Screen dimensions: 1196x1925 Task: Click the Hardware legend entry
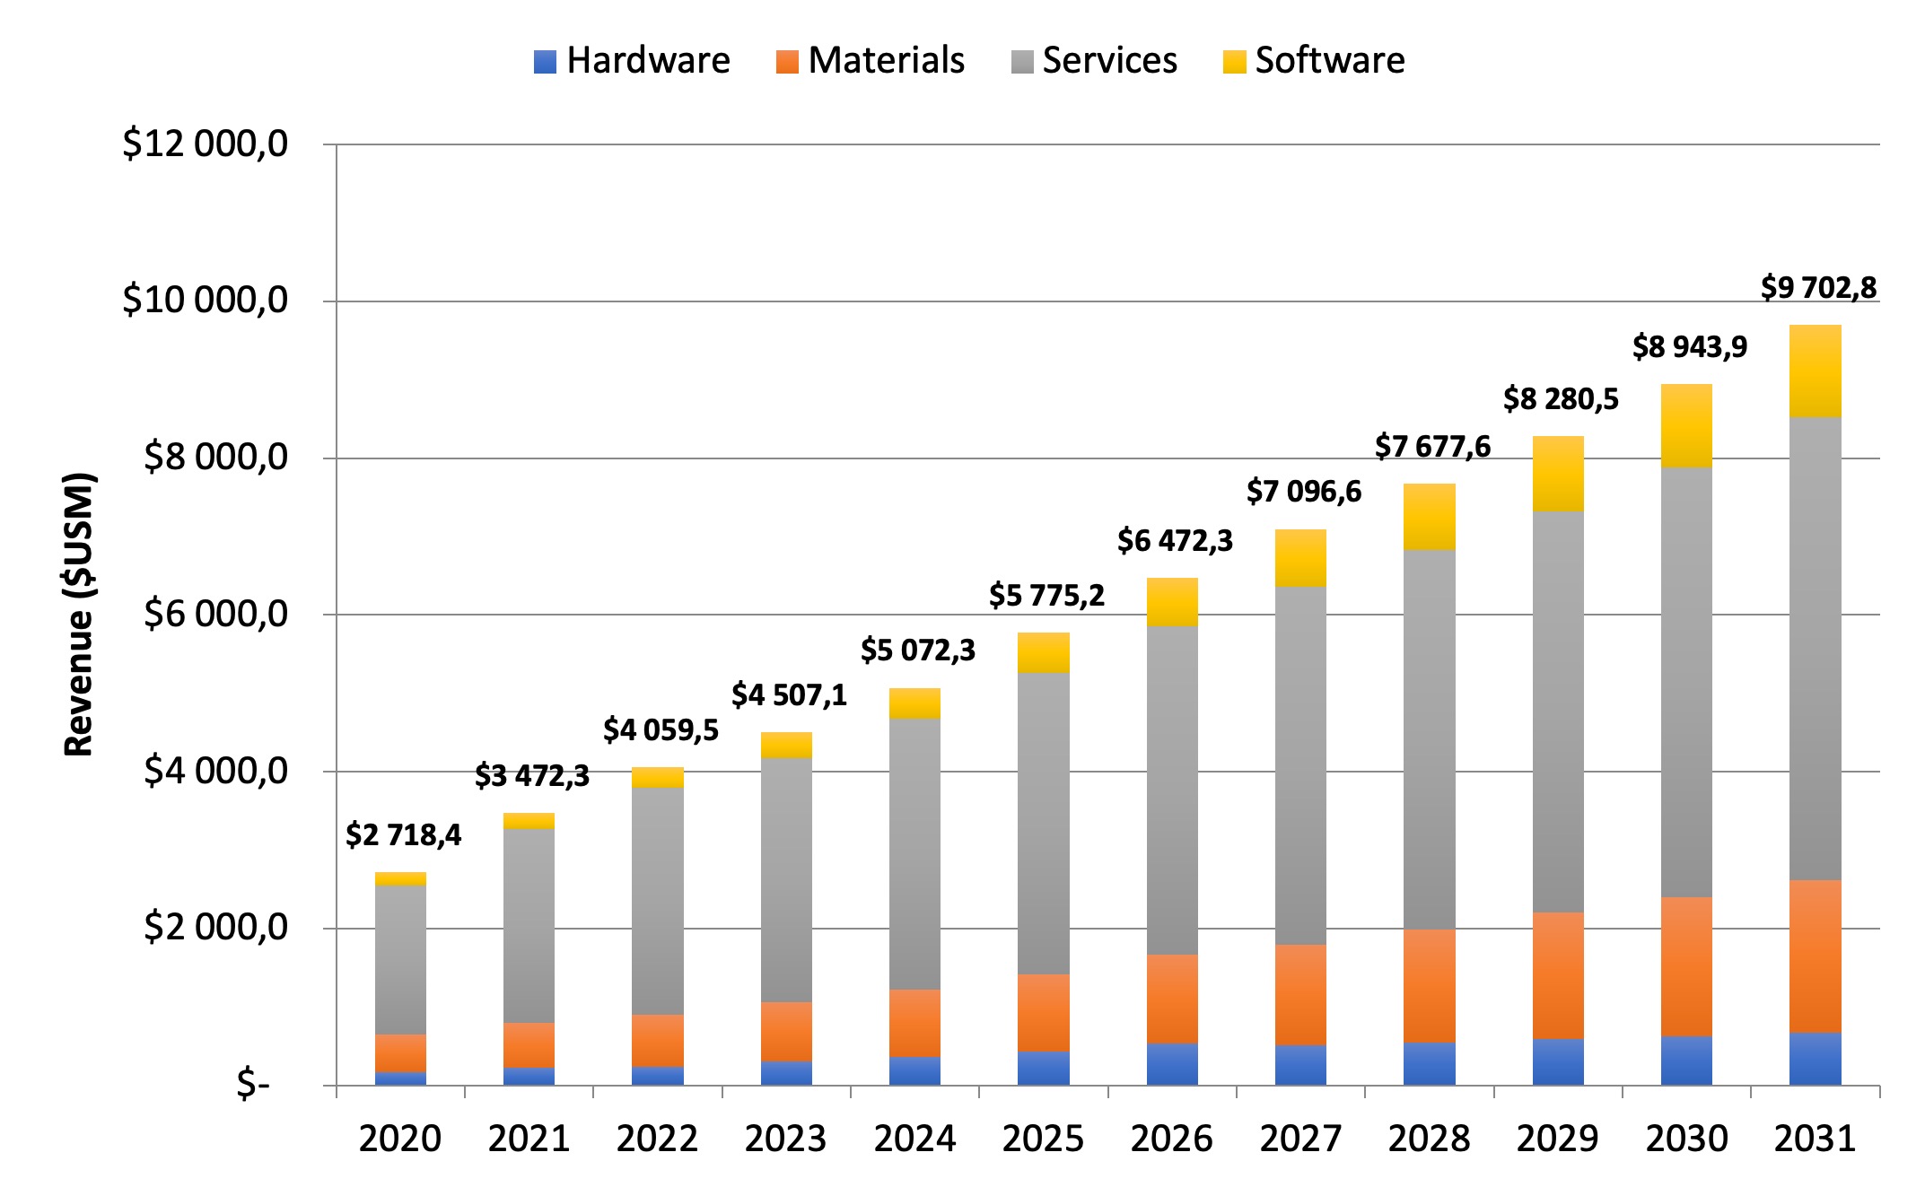coord(633,61)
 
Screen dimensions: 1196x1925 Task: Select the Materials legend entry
coord(871,61)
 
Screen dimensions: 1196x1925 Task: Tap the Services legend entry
coord(1094,61)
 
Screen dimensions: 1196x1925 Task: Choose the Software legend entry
coord(1314,61)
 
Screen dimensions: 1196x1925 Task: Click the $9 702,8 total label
coord(1818,288)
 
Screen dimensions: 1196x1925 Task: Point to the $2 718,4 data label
coord(403,835)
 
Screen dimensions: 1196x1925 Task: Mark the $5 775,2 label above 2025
coord(1046,595)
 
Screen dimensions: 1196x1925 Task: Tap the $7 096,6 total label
coord(1303,492)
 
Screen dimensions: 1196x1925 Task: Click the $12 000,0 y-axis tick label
coord(206,144)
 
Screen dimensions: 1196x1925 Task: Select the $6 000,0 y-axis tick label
coord(216,615)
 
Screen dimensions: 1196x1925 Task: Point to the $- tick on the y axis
coord(252,1086)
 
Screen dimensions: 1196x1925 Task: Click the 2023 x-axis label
coord(785,1139)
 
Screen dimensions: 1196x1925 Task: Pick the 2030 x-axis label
coord(1686,1139)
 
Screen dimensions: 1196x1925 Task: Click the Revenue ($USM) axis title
coord(79,615)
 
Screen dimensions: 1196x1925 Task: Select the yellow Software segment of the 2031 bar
coord(1815,371)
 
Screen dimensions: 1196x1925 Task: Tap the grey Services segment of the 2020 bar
coord(400,960)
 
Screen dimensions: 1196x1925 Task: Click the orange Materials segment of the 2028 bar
coord(1429,985)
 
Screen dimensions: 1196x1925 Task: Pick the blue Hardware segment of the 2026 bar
coord(1172,1064)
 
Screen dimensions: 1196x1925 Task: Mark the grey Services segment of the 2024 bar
coord(914,852)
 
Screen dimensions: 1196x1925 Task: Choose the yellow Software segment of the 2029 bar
coord(1557,474)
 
